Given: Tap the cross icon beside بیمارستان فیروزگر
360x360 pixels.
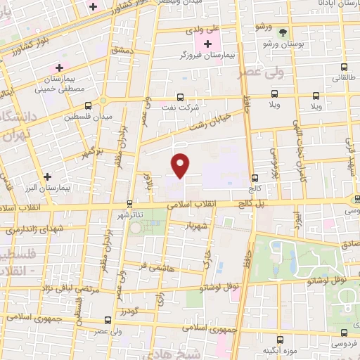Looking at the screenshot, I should tap(207, 44).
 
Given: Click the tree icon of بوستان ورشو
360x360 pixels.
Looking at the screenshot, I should tap(283, 32).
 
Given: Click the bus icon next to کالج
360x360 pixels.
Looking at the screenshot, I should tap(255, 179).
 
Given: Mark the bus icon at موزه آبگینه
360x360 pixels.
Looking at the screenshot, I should tap(280, 340).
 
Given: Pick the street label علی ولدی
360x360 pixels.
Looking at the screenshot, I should tap(202, 31).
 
